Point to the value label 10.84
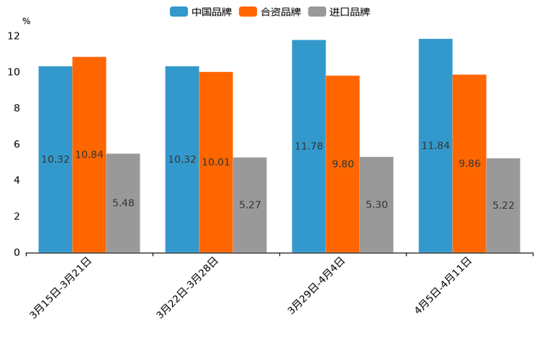point(89,155)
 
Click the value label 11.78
point(308,146)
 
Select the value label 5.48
point(123,203)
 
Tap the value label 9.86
point(470,163)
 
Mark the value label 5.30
point(377,205)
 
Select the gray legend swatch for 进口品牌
point(317,12)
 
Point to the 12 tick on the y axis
point(14,36)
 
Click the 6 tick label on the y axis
point(16,144)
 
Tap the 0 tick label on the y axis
point(16,253)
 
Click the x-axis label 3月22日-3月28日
point(187,288)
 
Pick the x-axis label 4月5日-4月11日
point(443,285)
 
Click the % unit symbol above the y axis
point(26,21)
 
